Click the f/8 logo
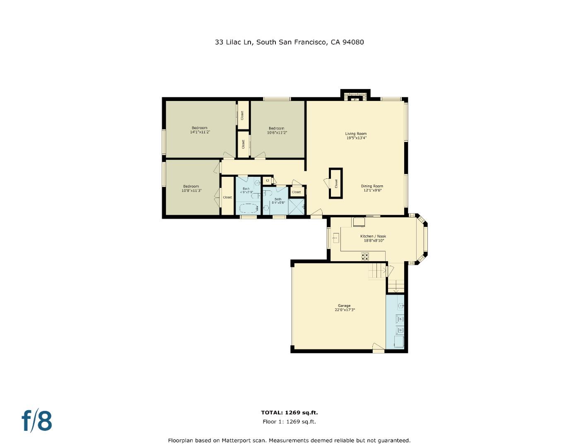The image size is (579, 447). tap(37, 421)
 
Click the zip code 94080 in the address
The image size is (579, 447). tap(353, 42)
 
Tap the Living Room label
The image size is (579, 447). tap(356, 134)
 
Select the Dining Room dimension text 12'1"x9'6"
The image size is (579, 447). tap(372, 190)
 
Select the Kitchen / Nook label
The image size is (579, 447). tap(373, 236)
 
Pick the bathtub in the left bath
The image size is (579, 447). tap(248, 208)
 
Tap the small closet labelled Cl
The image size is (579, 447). tap(268, 180)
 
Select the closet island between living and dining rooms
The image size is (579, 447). tap(335, 183)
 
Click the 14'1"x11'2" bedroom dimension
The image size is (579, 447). tap(200, 132)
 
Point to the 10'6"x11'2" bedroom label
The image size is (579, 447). tap(276, 132)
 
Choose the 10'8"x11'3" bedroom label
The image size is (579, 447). tap(191, 191)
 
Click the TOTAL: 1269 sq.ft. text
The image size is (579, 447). tap(289, 413)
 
